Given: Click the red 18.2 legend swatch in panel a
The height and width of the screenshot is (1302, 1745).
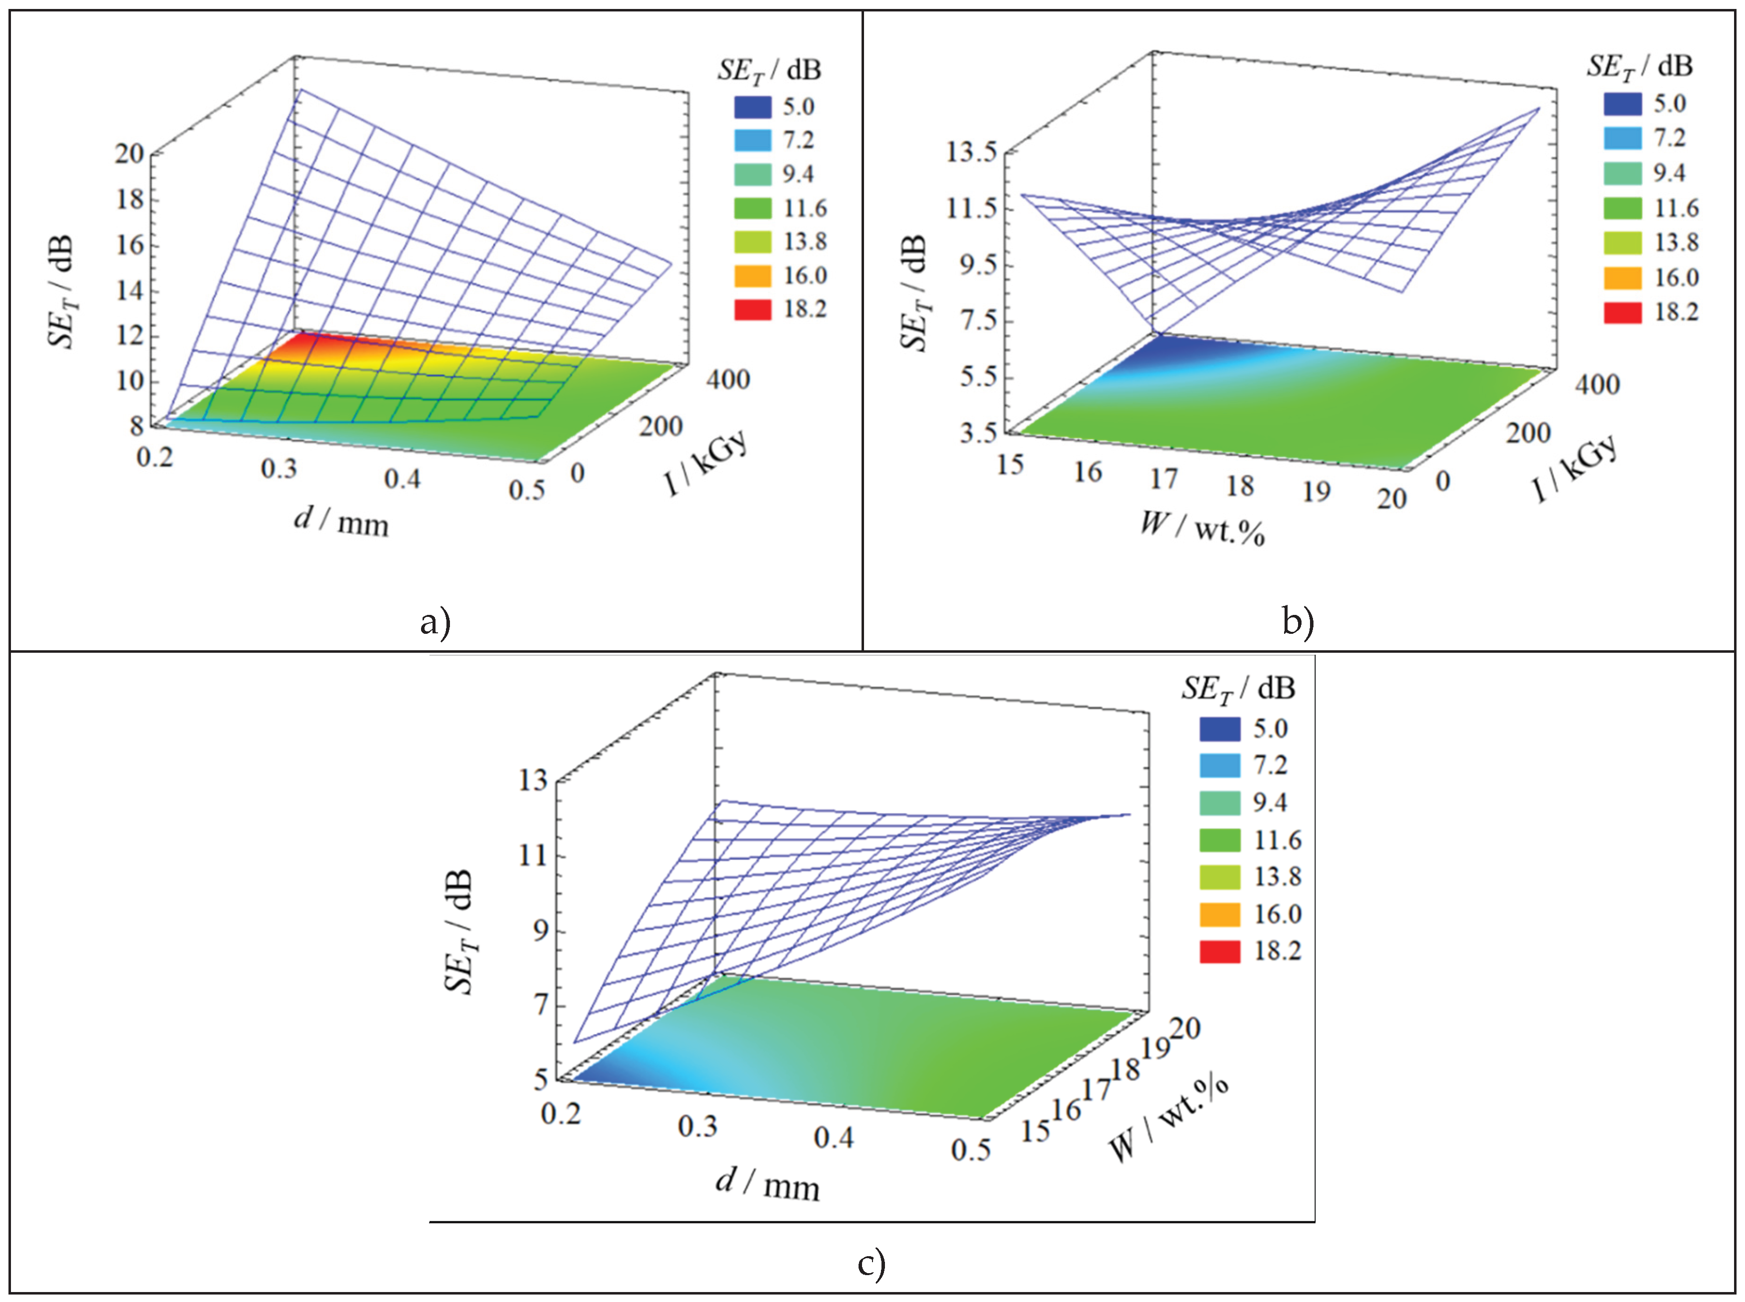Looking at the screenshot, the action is point(752,310).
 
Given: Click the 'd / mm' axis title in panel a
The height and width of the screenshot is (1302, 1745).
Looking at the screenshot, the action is point(341,522).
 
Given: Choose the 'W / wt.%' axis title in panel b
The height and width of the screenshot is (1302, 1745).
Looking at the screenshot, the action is point(1202,529).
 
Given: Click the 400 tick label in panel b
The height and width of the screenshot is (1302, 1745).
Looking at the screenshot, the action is point(1596,384).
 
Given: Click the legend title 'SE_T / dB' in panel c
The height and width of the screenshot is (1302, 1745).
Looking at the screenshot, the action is point(1238,689).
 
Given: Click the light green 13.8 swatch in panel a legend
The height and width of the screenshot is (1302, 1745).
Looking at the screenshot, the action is point(752,242).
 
